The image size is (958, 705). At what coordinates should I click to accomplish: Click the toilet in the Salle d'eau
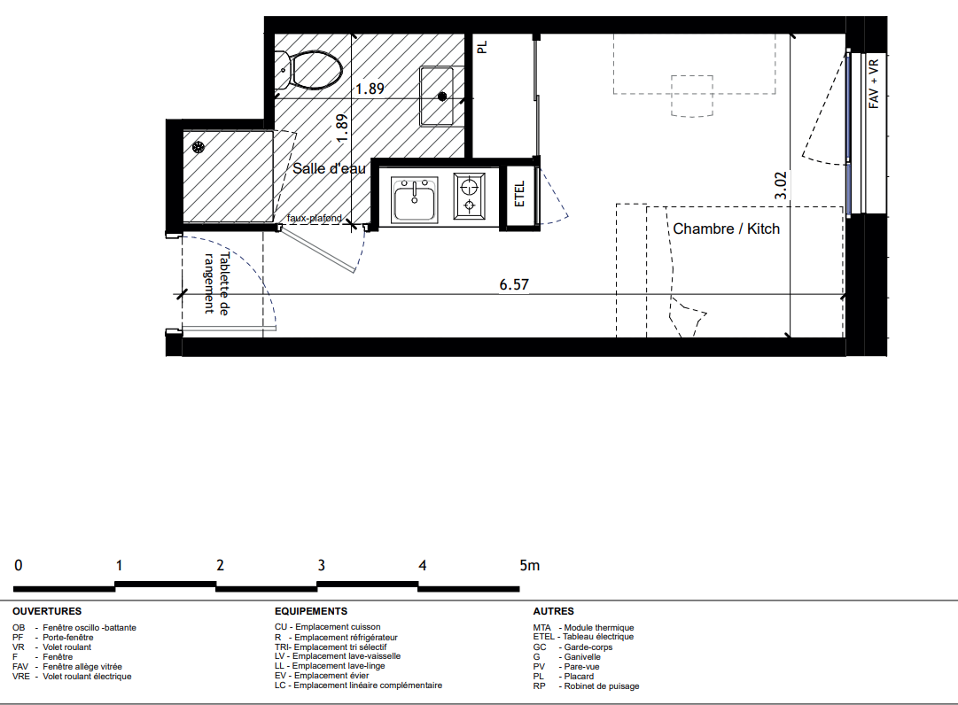coord(308,70)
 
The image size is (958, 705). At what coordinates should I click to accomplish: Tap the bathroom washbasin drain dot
coord(442,97)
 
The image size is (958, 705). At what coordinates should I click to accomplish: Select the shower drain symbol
coord(198,147)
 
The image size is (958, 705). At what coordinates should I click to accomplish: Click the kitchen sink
coord(414,199)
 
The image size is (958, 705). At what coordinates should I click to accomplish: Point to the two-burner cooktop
coord(469,196)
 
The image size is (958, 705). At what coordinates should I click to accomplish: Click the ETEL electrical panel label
coord(520,194)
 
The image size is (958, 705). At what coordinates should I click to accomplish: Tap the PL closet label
coord(482,47)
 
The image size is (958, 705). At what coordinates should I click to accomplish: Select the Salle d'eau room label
coord(330,168)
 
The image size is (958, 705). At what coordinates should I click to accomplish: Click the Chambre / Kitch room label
coord(727,229)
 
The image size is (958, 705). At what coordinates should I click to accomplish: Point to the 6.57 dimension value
coord(514,284)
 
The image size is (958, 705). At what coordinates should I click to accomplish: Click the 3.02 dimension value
coord(780,186)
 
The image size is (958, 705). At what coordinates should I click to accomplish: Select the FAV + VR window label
coord(874,83)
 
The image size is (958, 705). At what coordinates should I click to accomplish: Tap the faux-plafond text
coord(315,218)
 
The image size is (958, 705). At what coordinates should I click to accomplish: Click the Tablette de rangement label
coord(216,283)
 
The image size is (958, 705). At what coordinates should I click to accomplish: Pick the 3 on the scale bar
coord(322,566)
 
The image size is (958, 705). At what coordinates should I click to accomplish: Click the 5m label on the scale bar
coord(530,566)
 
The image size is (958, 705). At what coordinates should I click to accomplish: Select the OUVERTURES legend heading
coord(47,611)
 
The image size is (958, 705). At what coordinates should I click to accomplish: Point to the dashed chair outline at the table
coord(692,96)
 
